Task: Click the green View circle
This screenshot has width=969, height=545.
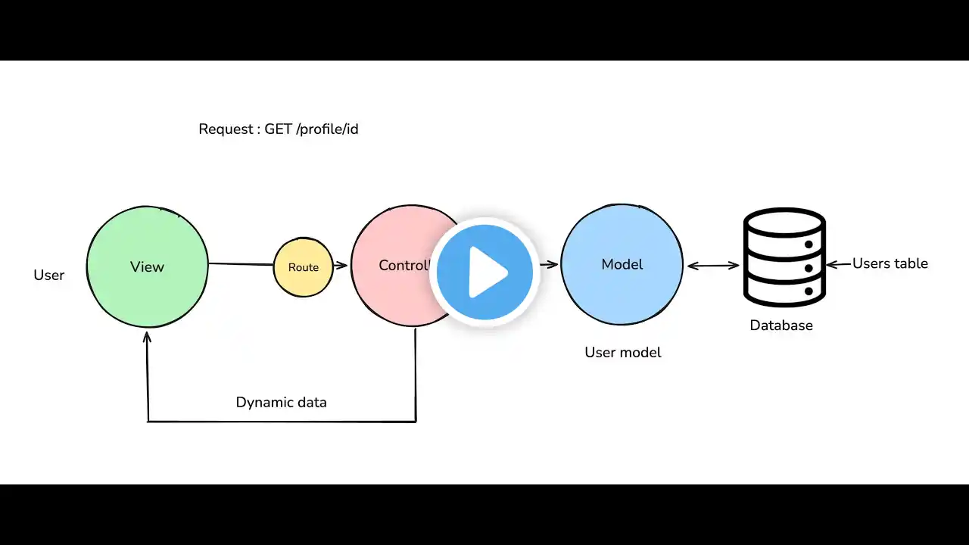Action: [x=147, y=266]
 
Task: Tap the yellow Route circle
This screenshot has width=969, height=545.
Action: [x=303, y=267]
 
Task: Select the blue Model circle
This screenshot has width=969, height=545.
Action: [x=622, y=264]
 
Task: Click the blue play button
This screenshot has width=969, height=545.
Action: [x=484, y=272]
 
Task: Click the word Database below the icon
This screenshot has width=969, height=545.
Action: [x=781, y=325]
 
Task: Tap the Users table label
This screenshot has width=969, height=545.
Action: [x=890, y=263]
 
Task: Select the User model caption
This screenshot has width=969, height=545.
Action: [x=622, y=353]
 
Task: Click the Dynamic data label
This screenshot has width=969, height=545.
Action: [x=281, y=403]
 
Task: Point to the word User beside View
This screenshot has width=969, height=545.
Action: [x=48, y=276]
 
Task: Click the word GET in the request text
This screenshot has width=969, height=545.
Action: [x=278, y=129]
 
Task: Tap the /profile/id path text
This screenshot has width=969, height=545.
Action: [x=328, y=129]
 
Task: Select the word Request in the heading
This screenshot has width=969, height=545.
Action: [x=225, y=129]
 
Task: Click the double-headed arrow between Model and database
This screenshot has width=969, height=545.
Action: [x=712, y=265]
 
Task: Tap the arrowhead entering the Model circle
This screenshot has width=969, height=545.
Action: [x=553, y=264]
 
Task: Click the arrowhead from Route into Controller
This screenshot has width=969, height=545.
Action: [x=342, y=265]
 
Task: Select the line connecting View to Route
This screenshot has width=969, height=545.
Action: [x=240, y=264]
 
